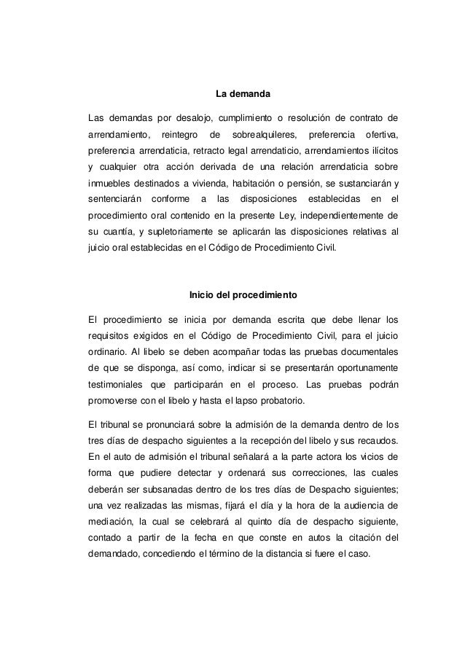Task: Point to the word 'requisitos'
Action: pos(108,337)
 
